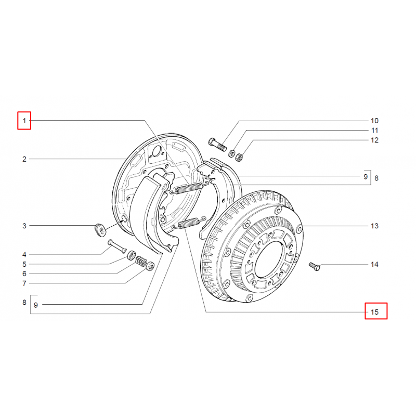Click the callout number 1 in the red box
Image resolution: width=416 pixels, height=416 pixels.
pyautogui.click(x=24, y=121)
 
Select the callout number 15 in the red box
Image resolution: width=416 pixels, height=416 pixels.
pyautogui.click(x=374, y=312)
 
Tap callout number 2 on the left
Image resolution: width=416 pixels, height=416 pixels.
pyautogui.click(x=24, y=159)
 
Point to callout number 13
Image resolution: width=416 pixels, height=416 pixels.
pyautogui.click(x=374, y=226)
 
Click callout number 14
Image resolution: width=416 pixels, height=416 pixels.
pyautogui.click(x=374, y=264)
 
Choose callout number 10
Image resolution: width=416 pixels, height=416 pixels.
pyautogui.click(x=374, y=121)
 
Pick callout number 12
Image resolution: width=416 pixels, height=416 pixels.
pyautogui.click(x=374, y=140)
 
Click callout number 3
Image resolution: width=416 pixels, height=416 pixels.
pyautogui.click(x=24, y=226)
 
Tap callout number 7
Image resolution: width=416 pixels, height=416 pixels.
pyautogui.click(x=24, y=283)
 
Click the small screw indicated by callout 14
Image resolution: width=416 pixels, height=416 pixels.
pyautogui.click(x=315, y=266)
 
